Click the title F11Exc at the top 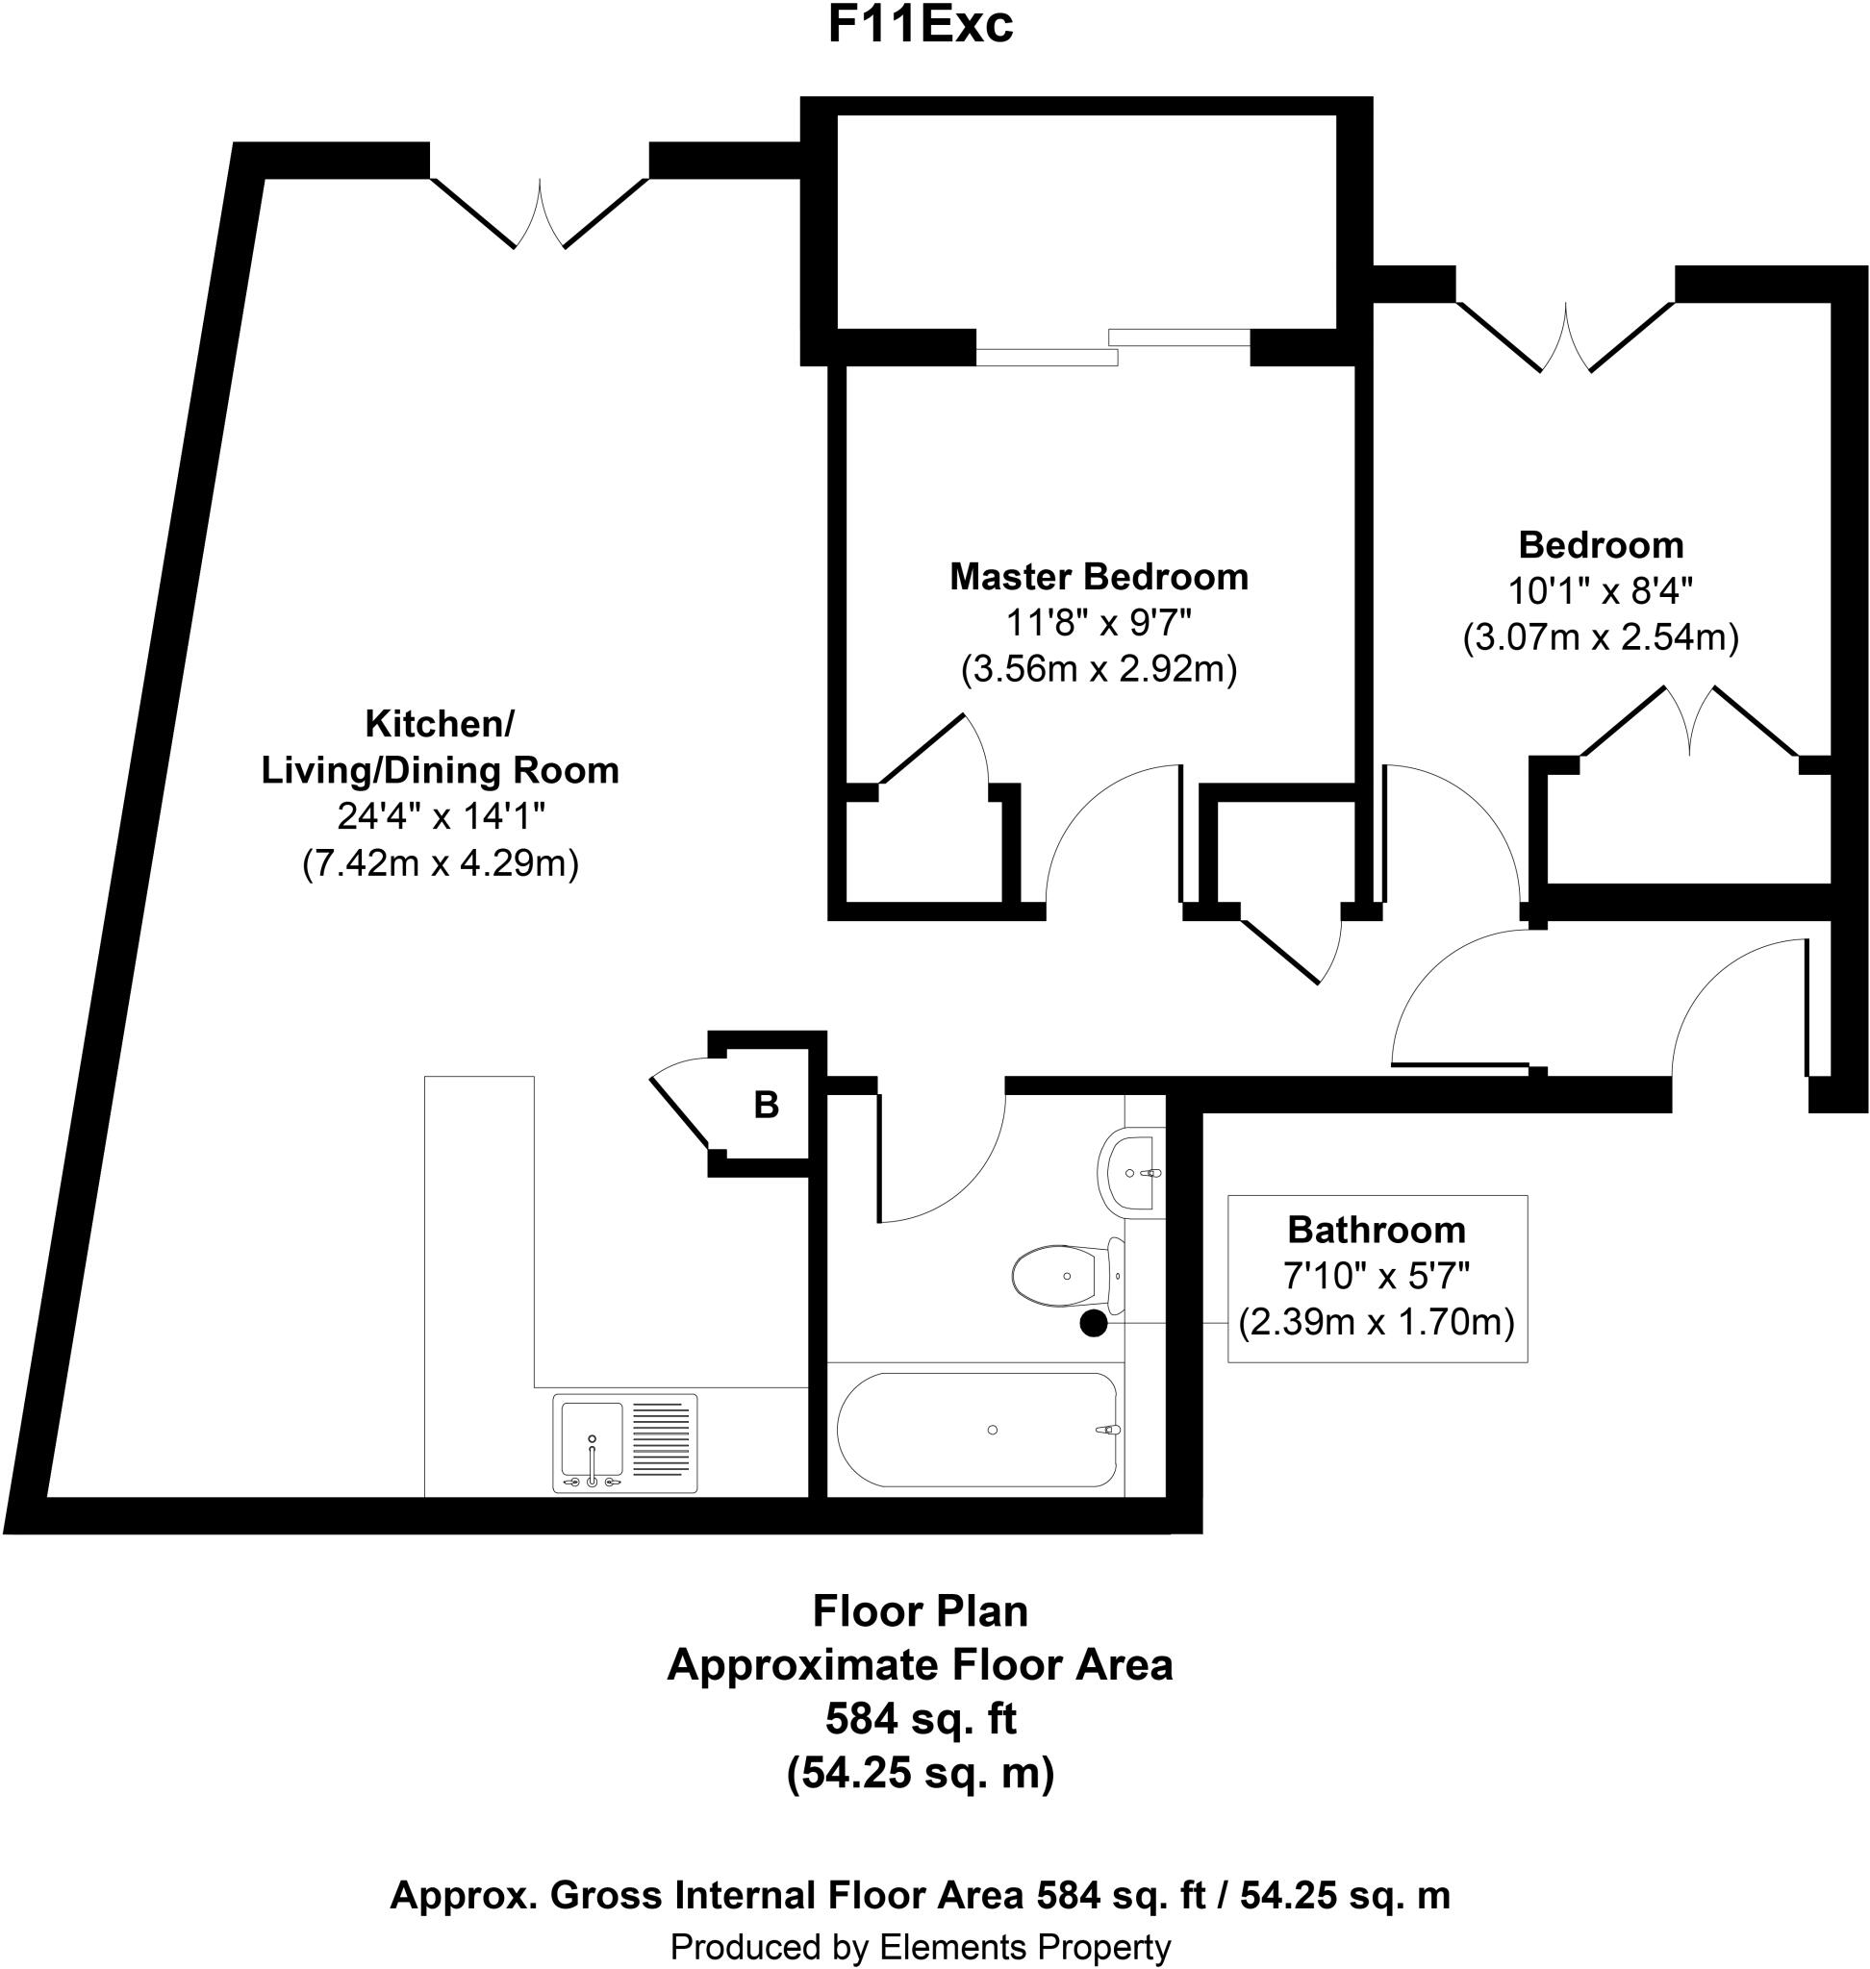click(x=920, y=27)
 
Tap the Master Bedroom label click(x=1099, y=577)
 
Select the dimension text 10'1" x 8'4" click(x=1600, y=591)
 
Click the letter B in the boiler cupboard click(x=766, y=1104)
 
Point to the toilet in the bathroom click(x=1063, y=1277)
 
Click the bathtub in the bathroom click(x=977, y=1430)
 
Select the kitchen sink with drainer click(x=625, y=1443)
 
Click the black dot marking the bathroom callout click(x=1094, y=1324)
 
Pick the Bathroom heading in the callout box click(x=1376, y=1231)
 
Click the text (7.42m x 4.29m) click(x=440, y=863)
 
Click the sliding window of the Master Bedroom click(x=1111, y=347)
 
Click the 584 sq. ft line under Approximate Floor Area click(x=920, y=1719)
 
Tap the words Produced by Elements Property click(x=920, y=1946)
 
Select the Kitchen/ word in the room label click(x=440, y=724)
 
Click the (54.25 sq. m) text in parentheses click(x=920, y=1774)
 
